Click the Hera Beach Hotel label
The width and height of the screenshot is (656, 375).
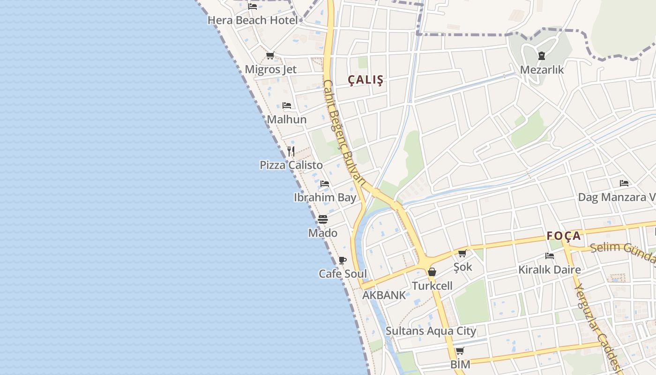(x=253, y=20)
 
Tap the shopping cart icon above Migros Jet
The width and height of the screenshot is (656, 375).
(x=270, y=56)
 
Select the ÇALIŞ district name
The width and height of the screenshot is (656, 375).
(x=365, y=80)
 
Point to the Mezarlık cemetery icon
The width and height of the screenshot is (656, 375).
(x=542, y=56)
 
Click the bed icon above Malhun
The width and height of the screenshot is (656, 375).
(x=287, y=105)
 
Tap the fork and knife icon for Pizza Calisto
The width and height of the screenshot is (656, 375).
(x=291, y=151)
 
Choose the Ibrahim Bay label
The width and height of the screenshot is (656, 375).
(x=325, y=197)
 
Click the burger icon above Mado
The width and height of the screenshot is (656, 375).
(x=322, y=219)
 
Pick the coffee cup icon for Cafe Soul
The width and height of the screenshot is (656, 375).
(x=343, y=260)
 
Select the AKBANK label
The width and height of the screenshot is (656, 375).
(x=384, y=295)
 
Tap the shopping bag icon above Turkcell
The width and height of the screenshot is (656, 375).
(x=432, y=272)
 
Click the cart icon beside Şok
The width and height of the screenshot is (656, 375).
(x=462, y=254)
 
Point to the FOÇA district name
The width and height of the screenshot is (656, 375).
(x=564, y=236)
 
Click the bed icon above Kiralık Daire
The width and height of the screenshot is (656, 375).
(x=550, y=256)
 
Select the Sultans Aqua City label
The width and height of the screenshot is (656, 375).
(x=431, y=331)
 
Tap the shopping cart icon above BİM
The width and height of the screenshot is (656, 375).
(x=460, y=351)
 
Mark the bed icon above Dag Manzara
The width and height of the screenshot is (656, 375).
(x=624, y=183)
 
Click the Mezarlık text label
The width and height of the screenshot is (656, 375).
(x=542, y=70)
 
